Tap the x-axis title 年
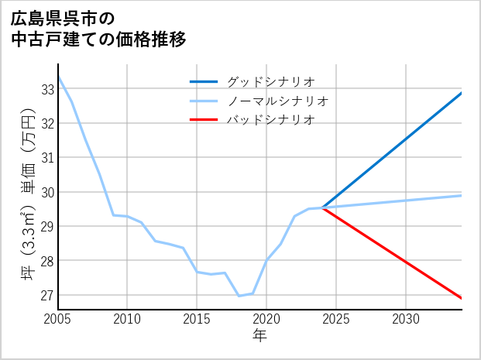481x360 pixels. pyautogui.click(x=259, y=336)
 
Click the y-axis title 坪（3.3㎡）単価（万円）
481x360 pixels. pyautogui.click(x=27, y=201)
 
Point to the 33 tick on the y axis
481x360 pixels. pyautogui.click(x=46, y=89)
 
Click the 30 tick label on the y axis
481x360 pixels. pyautogui.click(x=46, y=192)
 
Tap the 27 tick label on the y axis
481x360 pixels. pyautogui.click(x=46, y=295)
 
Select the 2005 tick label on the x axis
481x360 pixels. pyautogui.click(x=58, y=319)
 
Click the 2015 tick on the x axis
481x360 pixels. pyautogui.click(x=197, y=319)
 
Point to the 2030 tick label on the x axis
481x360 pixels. pyautogui.click(x=406, y=319)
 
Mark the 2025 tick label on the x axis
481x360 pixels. pyautogui.click(x=336, y=319)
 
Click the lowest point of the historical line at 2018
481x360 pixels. pyautogui.click(x=239, y=296)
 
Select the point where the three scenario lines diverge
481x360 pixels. pyautogui.click(x=322, y=207)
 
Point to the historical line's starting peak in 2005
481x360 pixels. pyautogui.click(x=59, y=77)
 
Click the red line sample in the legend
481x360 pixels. pyautogui.click(x=204, y=120)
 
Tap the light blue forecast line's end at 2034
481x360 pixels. pyautogui.click(x=461, y=195)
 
